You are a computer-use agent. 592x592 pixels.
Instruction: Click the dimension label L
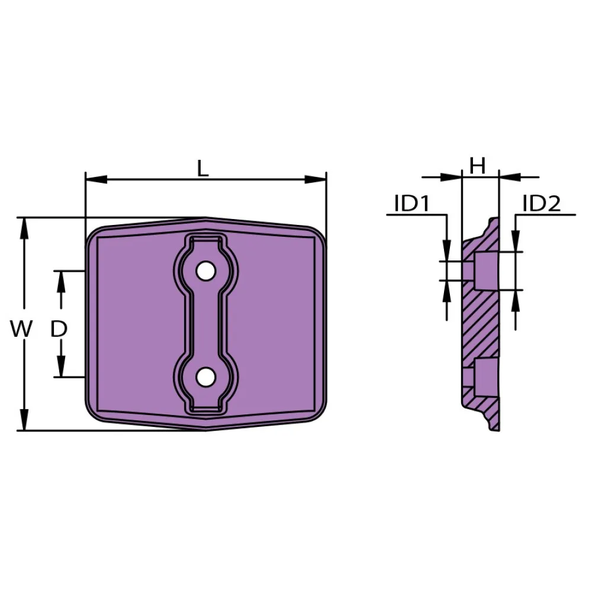(202, 168)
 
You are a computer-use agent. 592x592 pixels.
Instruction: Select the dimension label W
(21, 329)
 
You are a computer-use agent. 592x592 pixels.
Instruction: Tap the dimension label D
(59, 329)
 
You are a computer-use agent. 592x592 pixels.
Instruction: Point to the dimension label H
(478, 166)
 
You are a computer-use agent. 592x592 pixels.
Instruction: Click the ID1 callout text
(411, 204)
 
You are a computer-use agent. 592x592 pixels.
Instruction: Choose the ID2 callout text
(542, 204)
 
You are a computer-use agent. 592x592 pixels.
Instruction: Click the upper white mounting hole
(205, 271)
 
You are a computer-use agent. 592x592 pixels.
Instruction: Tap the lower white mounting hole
(205, 377)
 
